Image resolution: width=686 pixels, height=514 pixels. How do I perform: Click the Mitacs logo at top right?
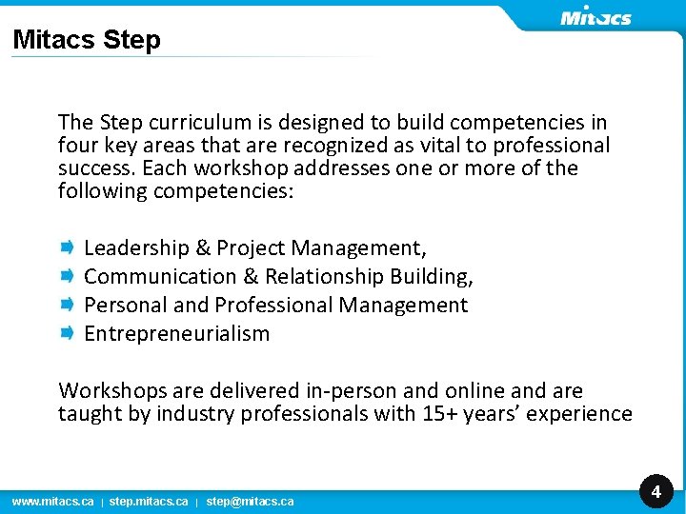click(595, 16)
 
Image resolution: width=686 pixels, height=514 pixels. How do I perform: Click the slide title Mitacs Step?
click(87, 40)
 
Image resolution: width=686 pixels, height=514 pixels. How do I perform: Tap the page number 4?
click(656, 491)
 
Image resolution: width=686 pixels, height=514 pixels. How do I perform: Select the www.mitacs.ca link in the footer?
click(52, 501)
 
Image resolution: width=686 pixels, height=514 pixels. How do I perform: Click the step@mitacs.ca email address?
click(250, 501)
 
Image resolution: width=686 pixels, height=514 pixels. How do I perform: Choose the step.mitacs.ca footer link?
click(149, 501)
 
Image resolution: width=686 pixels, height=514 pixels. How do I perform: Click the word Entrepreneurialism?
click(177, 334)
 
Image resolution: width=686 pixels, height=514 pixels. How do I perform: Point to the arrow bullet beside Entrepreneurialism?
click(69, 333)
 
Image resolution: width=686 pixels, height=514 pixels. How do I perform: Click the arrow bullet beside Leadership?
click(69, 247)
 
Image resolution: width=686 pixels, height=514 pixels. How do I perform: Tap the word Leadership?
click(136, 248)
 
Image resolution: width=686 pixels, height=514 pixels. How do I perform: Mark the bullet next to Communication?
click(69, 276)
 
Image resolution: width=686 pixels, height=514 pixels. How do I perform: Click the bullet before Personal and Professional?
click(69, 305)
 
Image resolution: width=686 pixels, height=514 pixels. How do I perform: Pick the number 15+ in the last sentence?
click(441, 414)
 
